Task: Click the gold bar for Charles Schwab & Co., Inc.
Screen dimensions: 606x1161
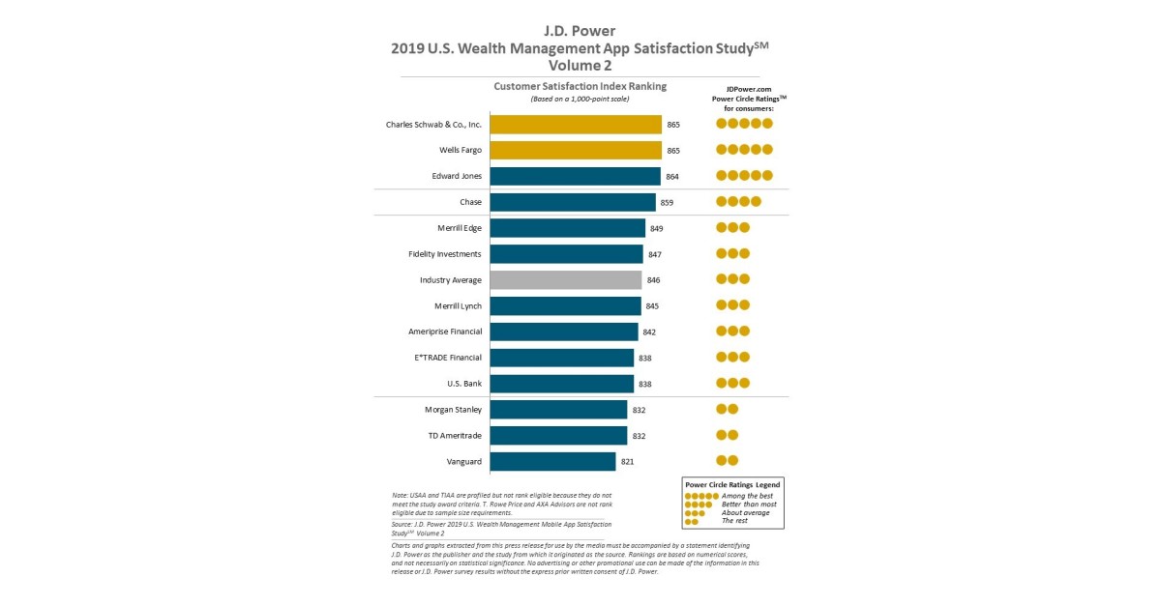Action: coord(576,124)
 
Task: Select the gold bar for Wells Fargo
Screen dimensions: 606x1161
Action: coord(576,150)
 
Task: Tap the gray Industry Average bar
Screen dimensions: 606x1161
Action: coord(566,279)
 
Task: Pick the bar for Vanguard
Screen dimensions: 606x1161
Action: coord(552,461)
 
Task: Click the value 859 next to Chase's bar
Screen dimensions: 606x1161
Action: coord(667,202)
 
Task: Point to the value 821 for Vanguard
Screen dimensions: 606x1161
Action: coord(627,462)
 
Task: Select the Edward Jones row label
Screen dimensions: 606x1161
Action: coord(457,176)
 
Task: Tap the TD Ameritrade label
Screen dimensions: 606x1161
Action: coord(455,435)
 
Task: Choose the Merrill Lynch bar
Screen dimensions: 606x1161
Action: coord(565,305)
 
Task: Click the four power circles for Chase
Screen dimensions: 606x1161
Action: coord(738,202)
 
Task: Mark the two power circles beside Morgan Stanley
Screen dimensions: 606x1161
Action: coord(727,409)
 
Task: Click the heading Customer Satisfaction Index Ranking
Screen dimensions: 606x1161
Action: coord(580,86)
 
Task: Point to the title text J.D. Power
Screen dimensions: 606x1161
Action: coord(580,30)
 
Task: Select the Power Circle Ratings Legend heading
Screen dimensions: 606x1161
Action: coord(732,483)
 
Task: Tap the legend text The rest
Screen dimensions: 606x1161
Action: coord(736,521)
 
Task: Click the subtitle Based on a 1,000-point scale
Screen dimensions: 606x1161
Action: coord(580,99)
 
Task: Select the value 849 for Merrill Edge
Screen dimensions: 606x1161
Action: coord(656,228)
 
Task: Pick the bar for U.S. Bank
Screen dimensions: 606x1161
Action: coord(561,384)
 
